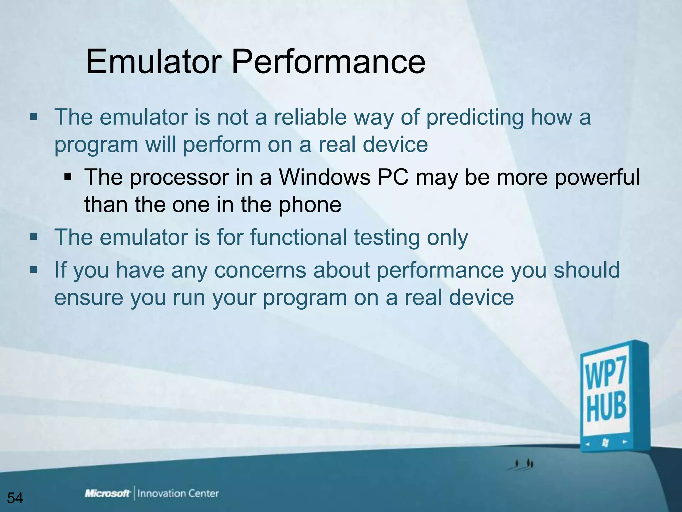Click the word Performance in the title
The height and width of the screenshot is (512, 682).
coord(328,62)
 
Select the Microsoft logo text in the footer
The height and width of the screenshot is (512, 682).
coord(107,494)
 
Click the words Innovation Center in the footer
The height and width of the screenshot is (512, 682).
coord(178,494)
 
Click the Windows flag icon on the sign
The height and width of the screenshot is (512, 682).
coord(605,443)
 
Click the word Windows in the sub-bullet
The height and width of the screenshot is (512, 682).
coord(325,177)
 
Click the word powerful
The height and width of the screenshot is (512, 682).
coord(597,178)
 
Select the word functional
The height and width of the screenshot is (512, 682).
coord(298,237)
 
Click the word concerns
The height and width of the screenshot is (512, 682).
coord(260,270)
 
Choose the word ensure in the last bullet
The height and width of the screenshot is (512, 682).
coord(89,298)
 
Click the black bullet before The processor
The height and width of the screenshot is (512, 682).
coord(68,176)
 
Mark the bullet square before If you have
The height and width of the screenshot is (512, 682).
coord(34,269)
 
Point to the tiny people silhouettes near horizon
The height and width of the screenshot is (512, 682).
coord(524,463)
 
